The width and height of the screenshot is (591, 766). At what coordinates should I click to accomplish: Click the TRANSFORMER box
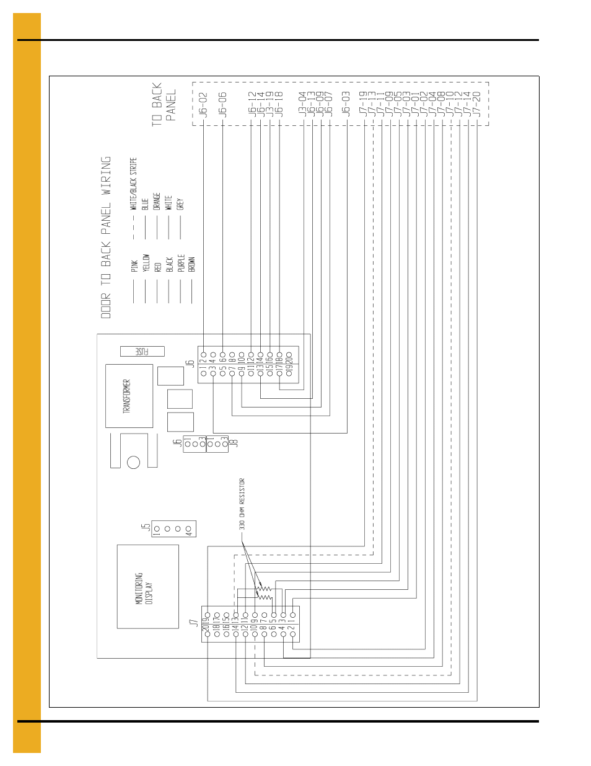[x=129, y=396]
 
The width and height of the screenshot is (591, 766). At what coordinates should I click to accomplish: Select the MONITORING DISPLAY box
[x=148, y=587]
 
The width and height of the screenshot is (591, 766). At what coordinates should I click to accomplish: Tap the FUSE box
[x=142, y=352]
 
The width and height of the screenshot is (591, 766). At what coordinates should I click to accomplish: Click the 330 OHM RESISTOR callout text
[x=242, y=504]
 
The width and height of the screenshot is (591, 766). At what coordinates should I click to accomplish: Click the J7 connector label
[x=194, y=622]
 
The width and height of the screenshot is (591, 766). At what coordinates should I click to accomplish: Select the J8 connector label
[x=234, y=443]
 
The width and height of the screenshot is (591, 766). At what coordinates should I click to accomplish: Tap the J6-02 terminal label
[x=203, y=105]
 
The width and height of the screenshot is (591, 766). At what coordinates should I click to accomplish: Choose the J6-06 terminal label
[x=222, y=105]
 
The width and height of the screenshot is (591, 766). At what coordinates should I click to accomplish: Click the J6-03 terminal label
[x=346, y=105]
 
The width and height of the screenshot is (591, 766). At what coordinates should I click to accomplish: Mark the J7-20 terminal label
[x=476, y=104]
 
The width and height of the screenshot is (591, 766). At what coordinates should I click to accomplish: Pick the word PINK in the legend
[x=134, y=266]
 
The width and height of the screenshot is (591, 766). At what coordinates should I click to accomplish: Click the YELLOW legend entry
[x=146, y=262]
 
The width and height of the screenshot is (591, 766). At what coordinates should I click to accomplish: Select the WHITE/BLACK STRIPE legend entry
[x=133, y=184]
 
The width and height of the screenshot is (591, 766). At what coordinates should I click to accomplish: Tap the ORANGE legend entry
[x=157, y=201]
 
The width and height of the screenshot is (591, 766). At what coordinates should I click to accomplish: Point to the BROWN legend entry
[x=192, y=264]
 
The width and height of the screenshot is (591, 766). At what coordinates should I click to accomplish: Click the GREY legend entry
[x=180, y=204]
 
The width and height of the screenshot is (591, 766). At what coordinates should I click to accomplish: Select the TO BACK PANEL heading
[x=164, y=104]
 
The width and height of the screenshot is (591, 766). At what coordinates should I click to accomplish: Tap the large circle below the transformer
[x=133, y=462]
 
